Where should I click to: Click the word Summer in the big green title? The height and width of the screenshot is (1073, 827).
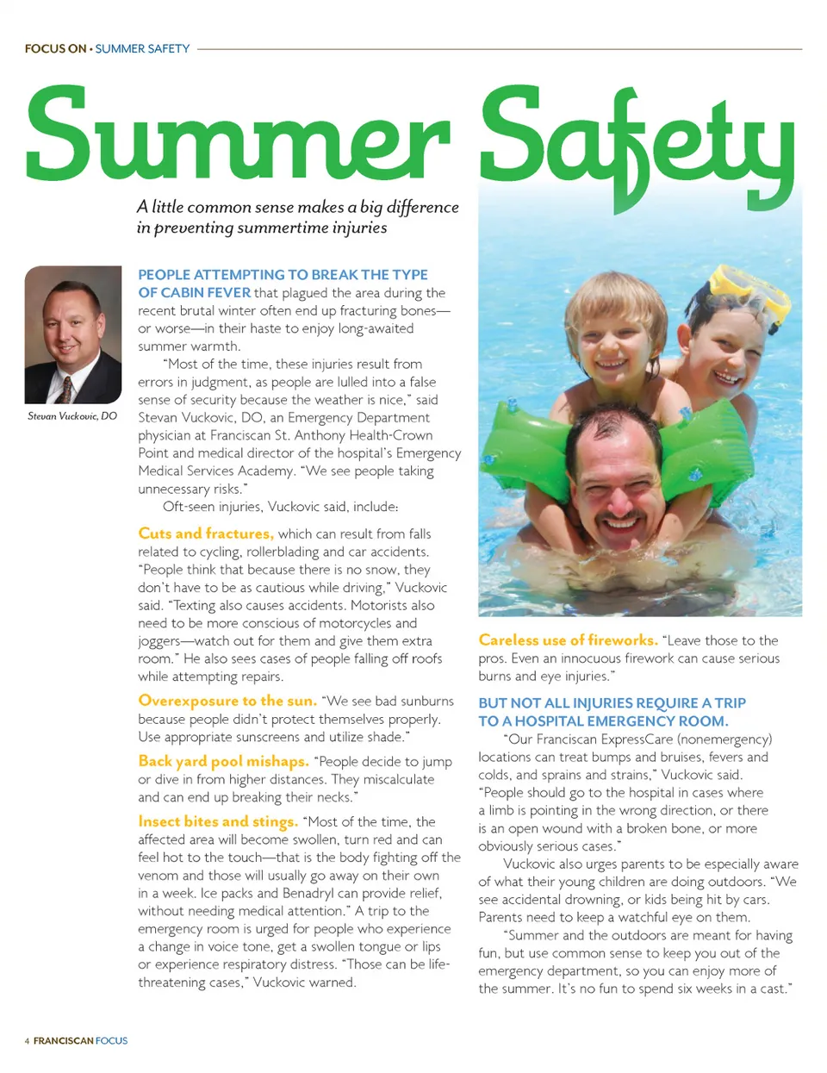[x=238, y=134]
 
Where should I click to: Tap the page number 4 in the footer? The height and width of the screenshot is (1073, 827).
[x=27, y=1041]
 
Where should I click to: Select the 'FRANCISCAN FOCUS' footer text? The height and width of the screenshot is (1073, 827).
[x=80, y=1041]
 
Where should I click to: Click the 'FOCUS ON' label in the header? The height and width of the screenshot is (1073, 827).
[x=55, y=49]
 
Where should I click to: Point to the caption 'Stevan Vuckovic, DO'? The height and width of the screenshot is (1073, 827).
[x=72, y=416]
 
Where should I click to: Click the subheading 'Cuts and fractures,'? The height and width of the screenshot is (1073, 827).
[x=206, y=533]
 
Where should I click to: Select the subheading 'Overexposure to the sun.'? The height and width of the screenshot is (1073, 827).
[x=227, y=701]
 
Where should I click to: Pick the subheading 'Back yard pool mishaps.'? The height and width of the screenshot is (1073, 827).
[x=223, y=761]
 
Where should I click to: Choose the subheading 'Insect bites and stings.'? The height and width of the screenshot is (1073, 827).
[x=218, y=821]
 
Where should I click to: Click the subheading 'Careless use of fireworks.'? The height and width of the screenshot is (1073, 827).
[x=568, y=640]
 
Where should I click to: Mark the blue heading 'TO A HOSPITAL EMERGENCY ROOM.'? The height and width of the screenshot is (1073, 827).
[x=603, y=721]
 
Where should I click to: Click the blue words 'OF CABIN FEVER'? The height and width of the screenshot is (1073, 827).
[x=195, y=293]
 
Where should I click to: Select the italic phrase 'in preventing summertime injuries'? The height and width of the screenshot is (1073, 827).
[x=262, y=228]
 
